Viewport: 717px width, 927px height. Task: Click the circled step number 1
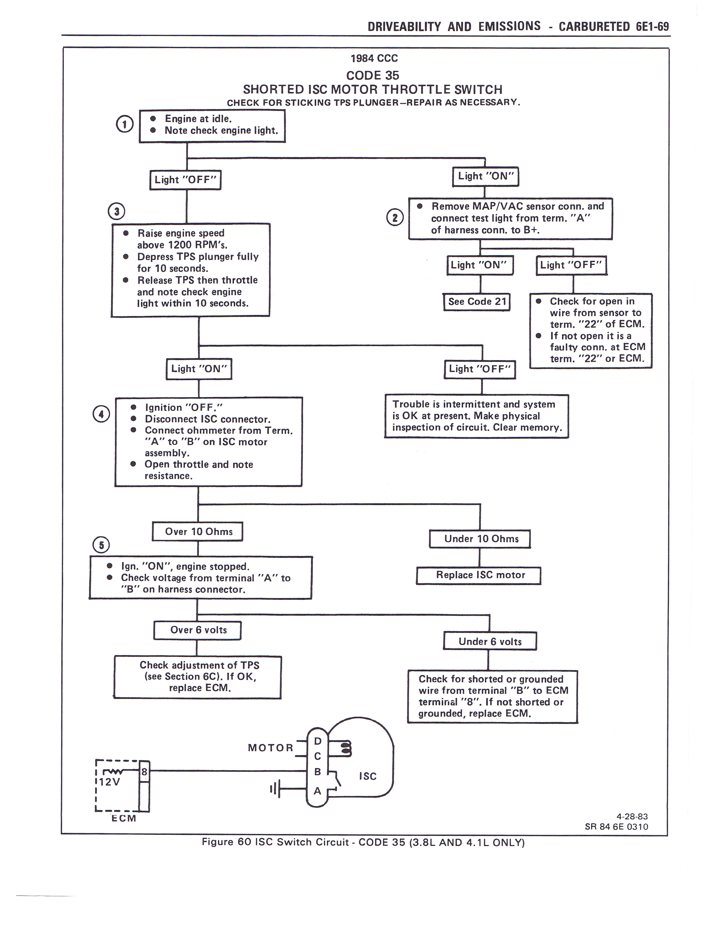tap(125, 124)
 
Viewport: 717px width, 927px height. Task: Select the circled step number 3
tap(116, 211)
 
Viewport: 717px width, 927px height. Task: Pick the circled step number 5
tap(101, 545)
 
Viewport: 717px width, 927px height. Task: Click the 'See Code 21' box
tap(477, 302)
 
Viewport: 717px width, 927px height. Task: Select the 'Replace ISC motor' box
tap(479, 576)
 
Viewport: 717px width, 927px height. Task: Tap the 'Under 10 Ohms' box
tap(480, 539)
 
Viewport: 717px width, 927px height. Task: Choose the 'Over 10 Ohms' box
tap(197, 532)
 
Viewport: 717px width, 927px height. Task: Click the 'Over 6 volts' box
tap(197, 630)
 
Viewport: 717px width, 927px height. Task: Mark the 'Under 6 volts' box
tap(490, 641)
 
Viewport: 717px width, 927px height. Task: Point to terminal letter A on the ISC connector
tap(317, 791)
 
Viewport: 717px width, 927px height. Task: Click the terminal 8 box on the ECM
tap(144, 772)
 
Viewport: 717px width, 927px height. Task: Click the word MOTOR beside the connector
tap(270, 748)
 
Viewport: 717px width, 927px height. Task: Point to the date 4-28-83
tap(632, 816)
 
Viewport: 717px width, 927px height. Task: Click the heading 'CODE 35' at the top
tap(373, 76)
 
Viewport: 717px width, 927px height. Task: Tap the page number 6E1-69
tap(652, 27)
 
